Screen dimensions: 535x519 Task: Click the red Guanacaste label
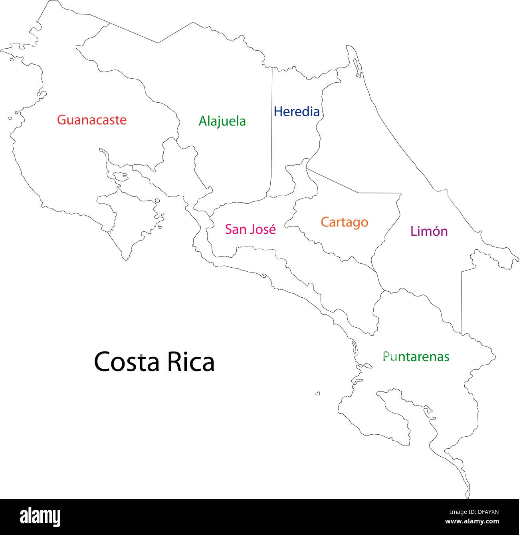click(x=91, y=120)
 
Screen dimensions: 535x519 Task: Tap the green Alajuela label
click(x=222, y=121)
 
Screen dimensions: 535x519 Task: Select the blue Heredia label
click(x=297, y=111)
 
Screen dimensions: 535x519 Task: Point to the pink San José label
click(x=250, y=229)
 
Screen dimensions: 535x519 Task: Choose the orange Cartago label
click(x=344, y=222)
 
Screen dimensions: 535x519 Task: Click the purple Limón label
click(x=429, y=231)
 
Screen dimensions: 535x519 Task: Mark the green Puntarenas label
click(x=416, y=356)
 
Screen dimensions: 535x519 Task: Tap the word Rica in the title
click(x=190, y=362)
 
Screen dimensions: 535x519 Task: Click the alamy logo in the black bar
click(x=40, y=517)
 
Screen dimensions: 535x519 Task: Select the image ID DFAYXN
click(x=485, y=512)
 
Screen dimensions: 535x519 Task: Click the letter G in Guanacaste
click(x=61, y=120)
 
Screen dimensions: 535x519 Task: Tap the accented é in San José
click(x=271, y=229)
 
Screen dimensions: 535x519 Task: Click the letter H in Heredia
click(x=278, y=111)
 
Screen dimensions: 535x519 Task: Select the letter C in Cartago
click(x=325, y=222)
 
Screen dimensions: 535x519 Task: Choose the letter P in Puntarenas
click(x=386, y=356)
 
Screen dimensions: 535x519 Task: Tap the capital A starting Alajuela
click(x=203, y=121)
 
